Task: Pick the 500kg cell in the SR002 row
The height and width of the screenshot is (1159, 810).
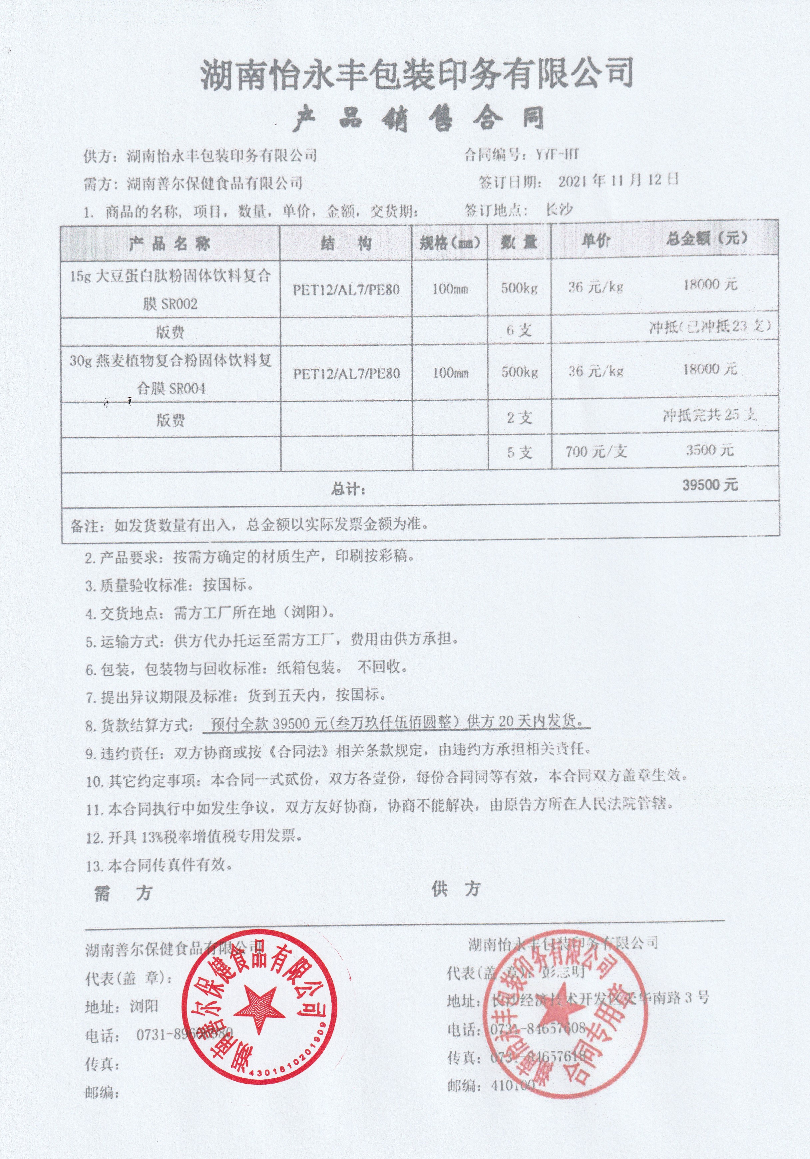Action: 519,288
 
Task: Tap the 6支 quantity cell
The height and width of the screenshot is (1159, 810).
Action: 519,330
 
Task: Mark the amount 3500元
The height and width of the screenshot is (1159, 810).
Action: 709,450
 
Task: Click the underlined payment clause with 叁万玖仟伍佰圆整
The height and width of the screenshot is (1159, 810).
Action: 396,723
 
